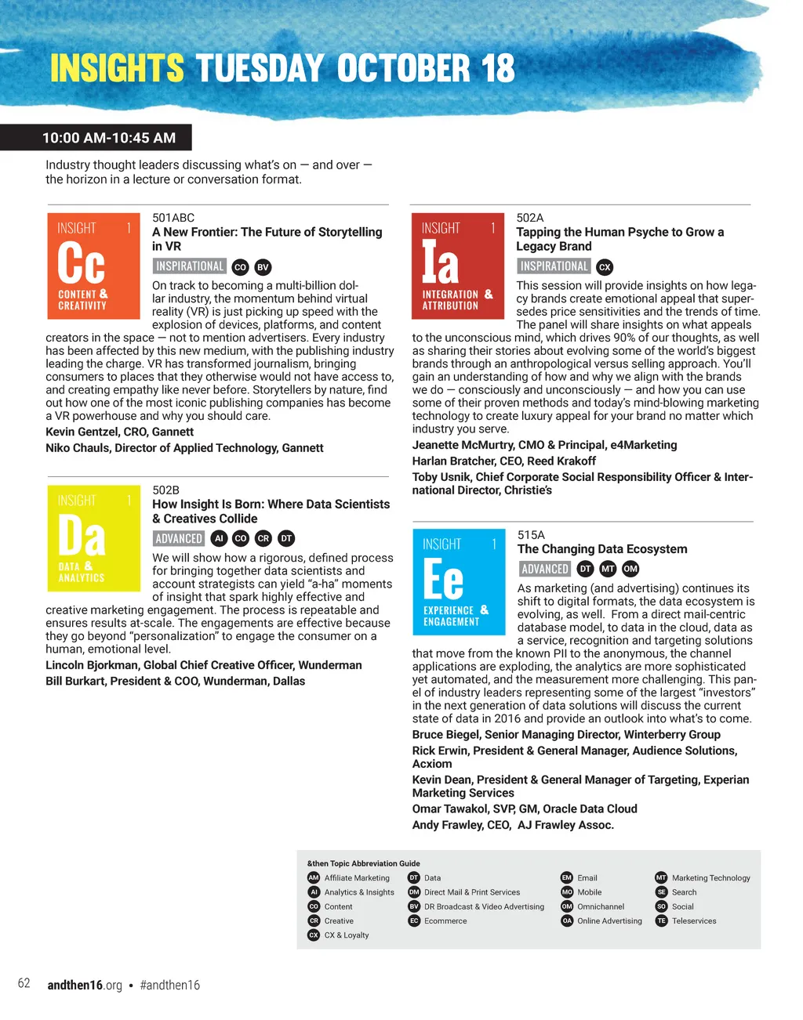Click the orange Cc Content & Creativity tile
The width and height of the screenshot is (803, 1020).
[93, 266]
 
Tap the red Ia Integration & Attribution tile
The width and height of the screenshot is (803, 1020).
[457, 266]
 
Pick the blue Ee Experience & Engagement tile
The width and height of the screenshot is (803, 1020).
[459, 581]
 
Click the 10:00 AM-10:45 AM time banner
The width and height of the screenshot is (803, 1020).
[108, 138]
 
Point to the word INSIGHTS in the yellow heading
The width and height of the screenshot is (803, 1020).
[117, 69]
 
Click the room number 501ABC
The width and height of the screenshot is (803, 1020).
[173, 218]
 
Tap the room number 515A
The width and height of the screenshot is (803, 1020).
[531, 535]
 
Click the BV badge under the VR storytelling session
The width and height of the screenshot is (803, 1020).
[263, 267]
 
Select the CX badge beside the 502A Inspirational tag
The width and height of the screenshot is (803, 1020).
[605, 267]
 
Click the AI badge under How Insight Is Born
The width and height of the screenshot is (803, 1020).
[220, 538]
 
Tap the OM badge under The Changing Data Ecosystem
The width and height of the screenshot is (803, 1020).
[630, 570]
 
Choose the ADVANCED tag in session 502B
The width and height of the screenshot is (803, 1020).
[179, 538]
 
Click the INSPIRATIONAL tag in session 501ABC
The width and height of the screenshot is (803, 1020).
[190, 266]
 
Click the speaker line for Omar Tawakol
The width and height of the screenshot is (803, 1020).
[524, 808]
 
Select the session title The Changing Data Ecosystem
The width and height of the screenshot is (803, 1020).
[602, 549]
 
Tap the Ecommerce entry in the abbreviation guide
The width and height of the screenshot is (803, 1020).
[445, 921]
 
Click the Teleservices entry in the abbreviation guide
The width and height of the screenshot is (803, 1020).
[693, 921]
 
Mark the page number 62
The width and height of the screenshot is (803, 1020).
[24, 984]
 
